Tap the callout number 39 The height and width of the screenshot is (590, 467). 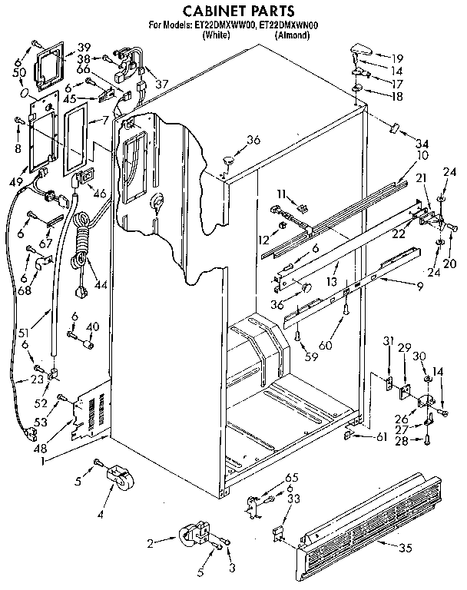tap(82, 47)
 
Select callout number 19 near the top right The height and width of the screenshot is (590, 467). tap(398, 58)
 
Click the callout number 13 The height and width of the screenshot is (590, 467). tap(331, 283)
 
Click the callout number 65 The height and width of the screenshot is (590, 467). tap(290, 478)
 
